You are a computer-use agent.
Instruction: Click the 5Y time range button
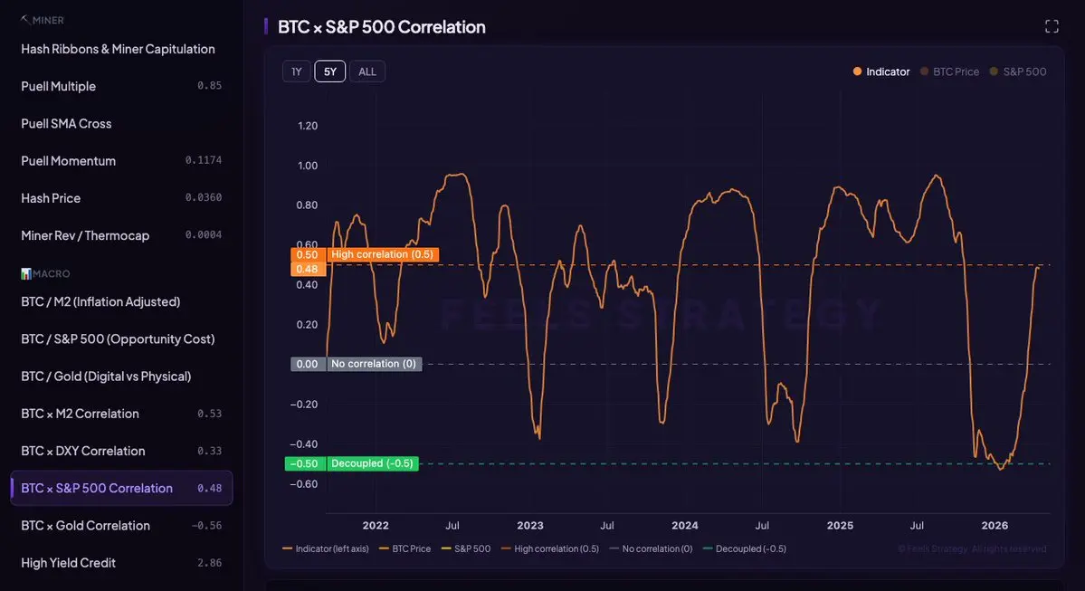(x=329, y=71)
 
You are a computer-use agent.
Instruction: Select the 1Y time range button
(x=297, y=71)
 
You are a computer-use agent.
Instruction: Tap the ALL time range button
(x=367, y=71)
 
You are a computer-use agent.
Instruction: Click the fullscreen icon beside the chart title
(x=1052, y=26)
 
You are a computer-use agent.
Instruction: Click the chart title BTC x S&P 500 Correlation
(x=381, y=27)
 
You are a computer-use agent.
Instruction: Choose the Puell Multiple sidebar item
(x=58, y=86)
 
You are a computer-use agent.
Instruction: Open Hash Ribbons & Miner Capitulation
(x=118, y=49)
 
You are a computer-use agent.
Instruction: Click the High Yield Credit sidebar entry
(x=68, y=562)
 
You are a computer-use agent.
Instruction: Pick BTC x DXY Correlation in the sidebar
(x=82, y=451)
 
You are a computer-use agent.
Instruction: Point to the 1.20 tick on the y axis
(x=308, y=126)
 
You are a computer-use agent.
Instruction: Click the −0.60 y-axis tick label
(x=305, y=484)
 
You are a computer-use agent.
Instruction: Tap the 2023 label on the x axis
(x=530, y=526)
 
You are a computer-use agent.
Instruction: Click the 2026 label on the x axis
(x=995, y=526)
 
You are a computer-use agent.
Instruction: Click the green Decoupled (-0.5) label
(x=372, y=463)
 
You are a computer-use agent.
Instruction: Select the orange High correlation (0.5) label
(x=382, y=254)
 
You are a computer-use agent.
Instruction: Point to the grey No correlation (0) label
(x=374, y=364)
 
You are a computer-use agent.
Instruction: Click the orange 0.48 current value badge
(x=307, y=269)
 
